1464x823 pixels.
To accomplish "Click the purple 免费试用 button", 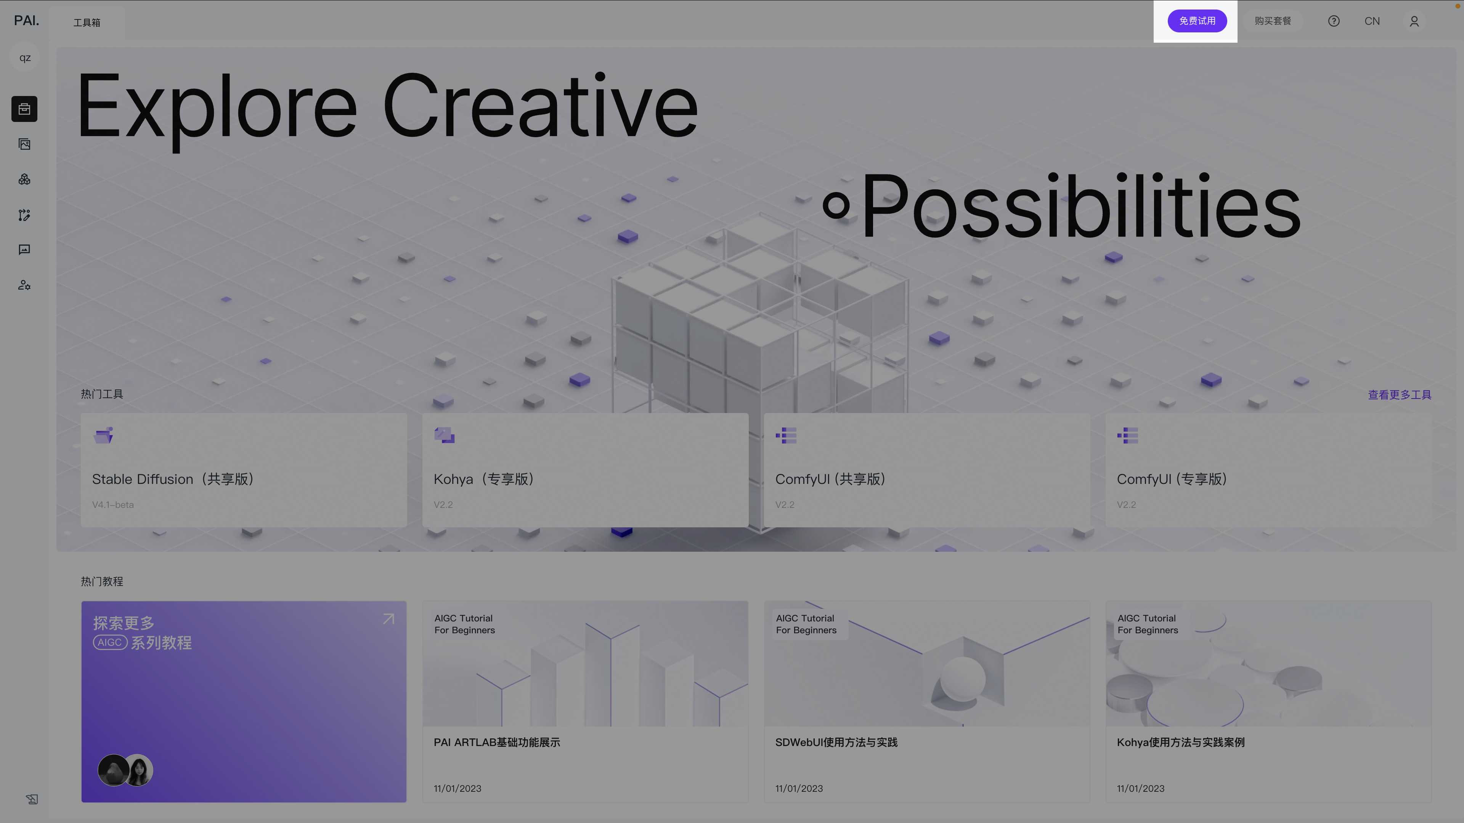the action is (x=1197, y=21).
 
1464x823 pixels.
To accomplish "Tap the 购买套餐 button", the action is (x=1273, y=21).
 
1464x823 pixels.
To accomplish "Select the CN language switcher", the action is (x=1372, y=21).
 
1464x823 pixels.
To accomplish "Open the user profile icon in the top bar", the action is (x=1414, y=21).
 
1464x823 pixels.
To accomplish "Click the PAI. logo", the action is (x=27, y=21).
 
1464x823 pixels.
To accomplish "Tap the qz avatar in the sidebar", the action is (x=25, y=58).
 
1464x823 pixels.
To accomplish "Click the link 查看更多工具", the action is (x=1399, y=395).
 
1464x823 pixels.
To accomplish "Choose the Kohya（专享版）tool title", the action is (x=484, y=479).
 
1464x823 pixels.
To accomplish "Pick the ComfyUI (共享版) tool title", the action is (x=831, y=479).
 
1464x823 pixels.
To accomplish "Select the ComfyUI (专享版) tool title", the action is (x=1172, y=479).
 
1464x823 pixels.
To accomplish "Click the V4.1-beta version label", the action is (x=113, y=504).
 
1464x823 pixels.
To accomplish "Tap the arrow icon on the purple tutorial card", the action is (x=389, y=618).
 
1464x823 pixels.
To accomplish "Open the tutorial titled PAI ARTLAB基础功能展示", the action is (x=497, y=742).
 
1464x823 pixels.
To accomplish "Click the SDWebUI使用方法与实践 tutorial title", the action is (x=836, y=742).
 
